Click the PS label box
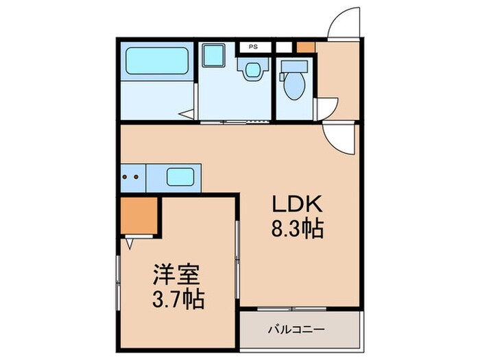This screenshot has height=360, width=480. coord(253,47)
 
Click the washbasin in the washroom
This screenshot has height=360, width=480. coord(252,69)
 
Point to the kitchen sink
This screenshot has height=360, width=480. coord(179,178)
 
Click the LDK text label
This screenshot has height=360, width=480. coord(294,204)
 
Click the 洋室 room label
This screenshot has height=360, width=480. coord(176,276)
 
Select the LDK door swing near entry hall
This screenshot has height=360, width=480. coord(339,136)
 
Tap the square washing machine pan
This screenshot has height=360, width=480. coord(214,54)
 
